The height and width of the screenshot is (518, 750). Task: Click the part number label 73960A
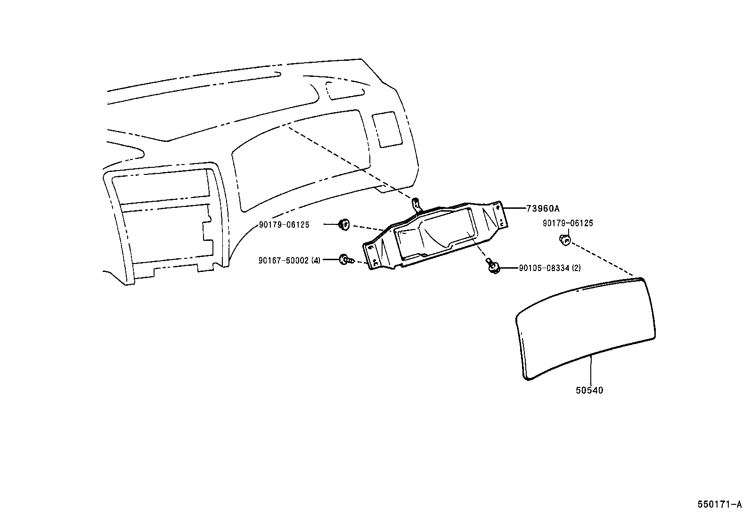[539, 208]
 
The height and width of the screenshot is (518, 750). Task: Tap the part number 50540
[589, 390]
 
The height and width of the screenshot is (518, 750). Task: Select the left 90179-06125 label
[284, 225]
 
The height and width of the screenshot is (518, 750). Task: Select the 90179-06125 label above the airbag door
[568, 223]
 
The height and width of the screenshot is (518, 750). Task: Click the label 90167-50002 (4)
[289, 260]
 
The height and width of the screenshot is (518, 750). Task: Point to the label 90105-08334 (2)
[549, 268]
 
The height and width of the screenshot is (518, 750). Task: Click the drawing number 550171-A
[719, 504]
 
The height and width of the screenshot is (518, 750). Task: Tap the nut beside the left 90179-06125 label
[344, 224]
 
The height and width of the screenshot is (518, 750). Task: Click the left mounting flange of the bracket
[375, 257]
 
